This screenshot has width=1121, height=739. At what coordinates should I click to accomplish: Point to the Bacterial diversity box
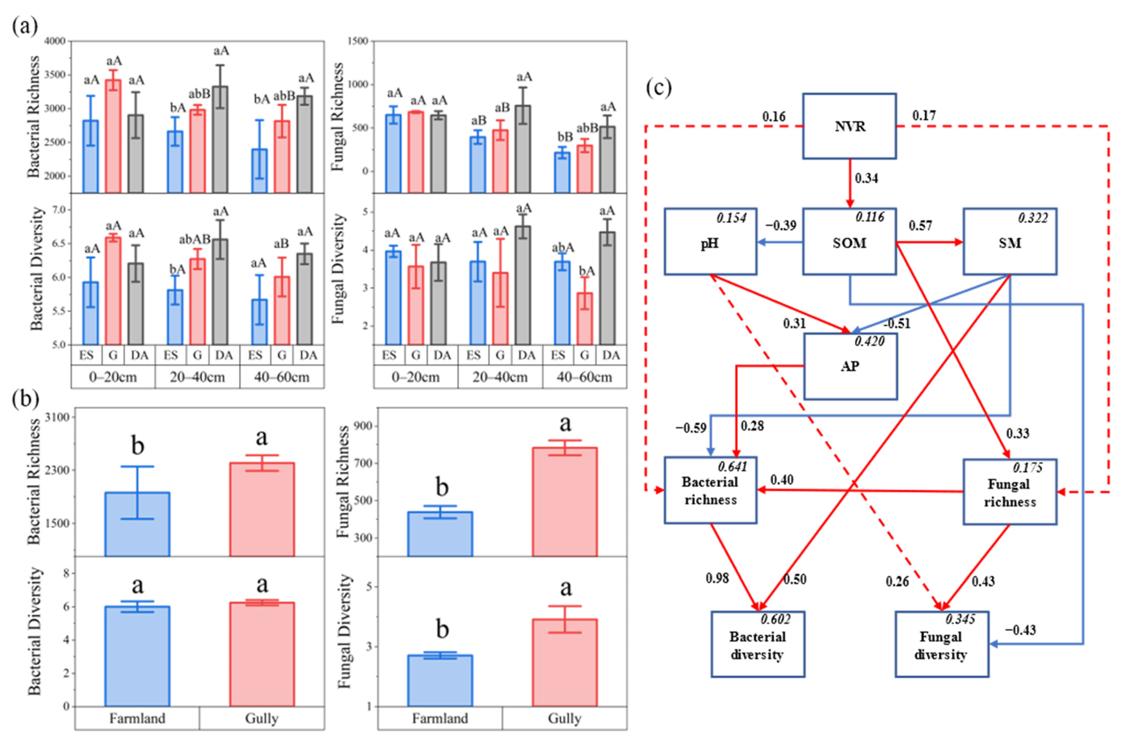pos(757,644)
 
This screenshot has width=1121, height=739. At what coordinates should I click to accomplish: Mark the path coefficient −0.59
pos(691,428)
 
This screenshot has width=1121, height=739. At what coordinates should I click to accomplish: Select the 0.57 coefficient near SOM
pos(920,226)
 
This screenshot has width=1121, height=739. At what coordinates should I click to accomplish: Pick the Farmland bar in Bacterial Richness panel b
pos(137,524)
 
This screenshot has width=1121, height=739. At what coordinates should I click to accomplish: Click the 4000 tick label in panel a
pos(55,41)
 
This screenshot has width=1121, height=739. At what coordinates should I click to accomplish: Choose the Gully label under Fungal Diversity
pos(564,718)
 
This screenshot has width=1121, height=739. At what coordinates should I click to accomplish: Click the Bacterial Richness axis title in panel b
pos(34,482)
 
